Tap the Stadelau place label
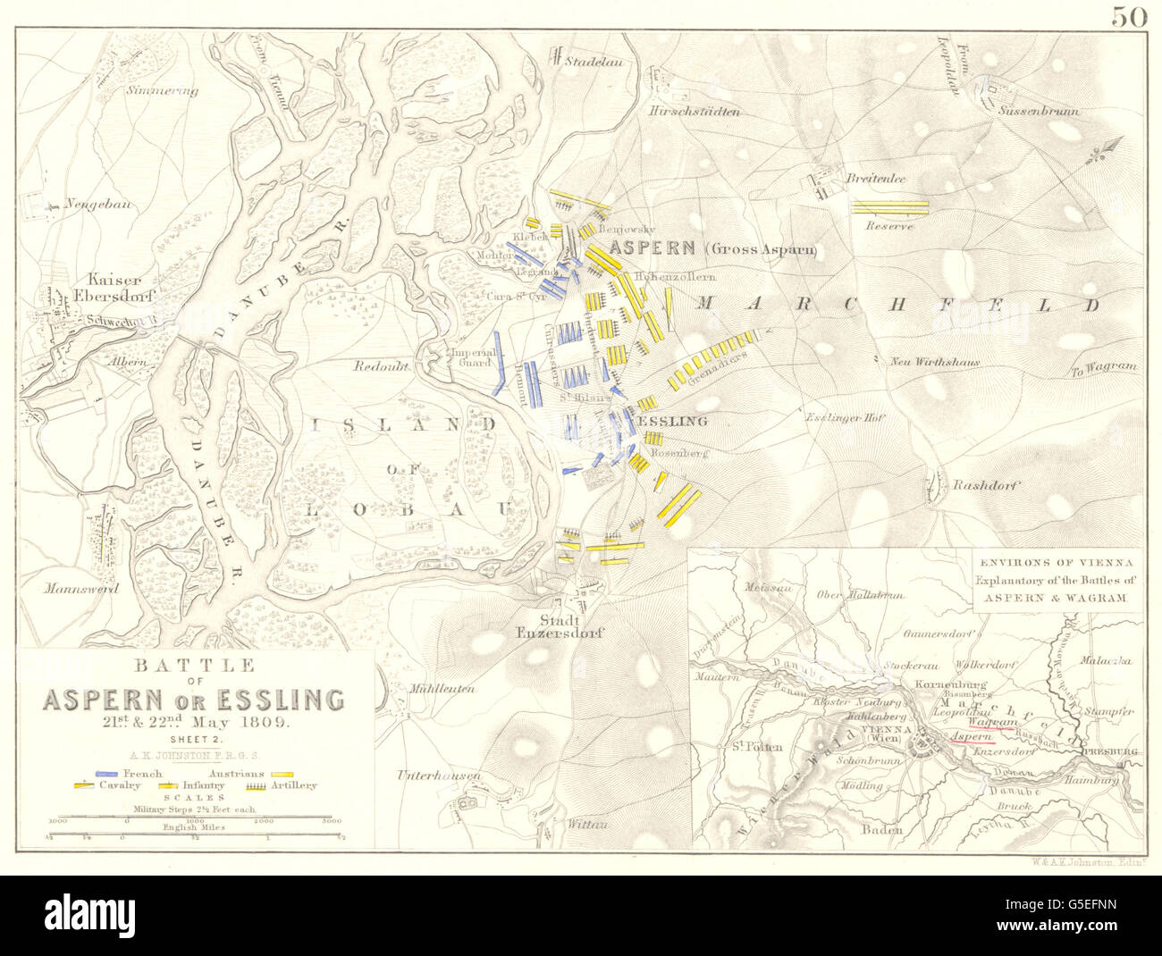(585, 63)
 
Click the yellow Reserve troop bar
(890, 206)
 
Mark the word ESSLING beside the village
(671, 421)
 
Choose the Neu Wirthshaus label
(935, 363)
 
